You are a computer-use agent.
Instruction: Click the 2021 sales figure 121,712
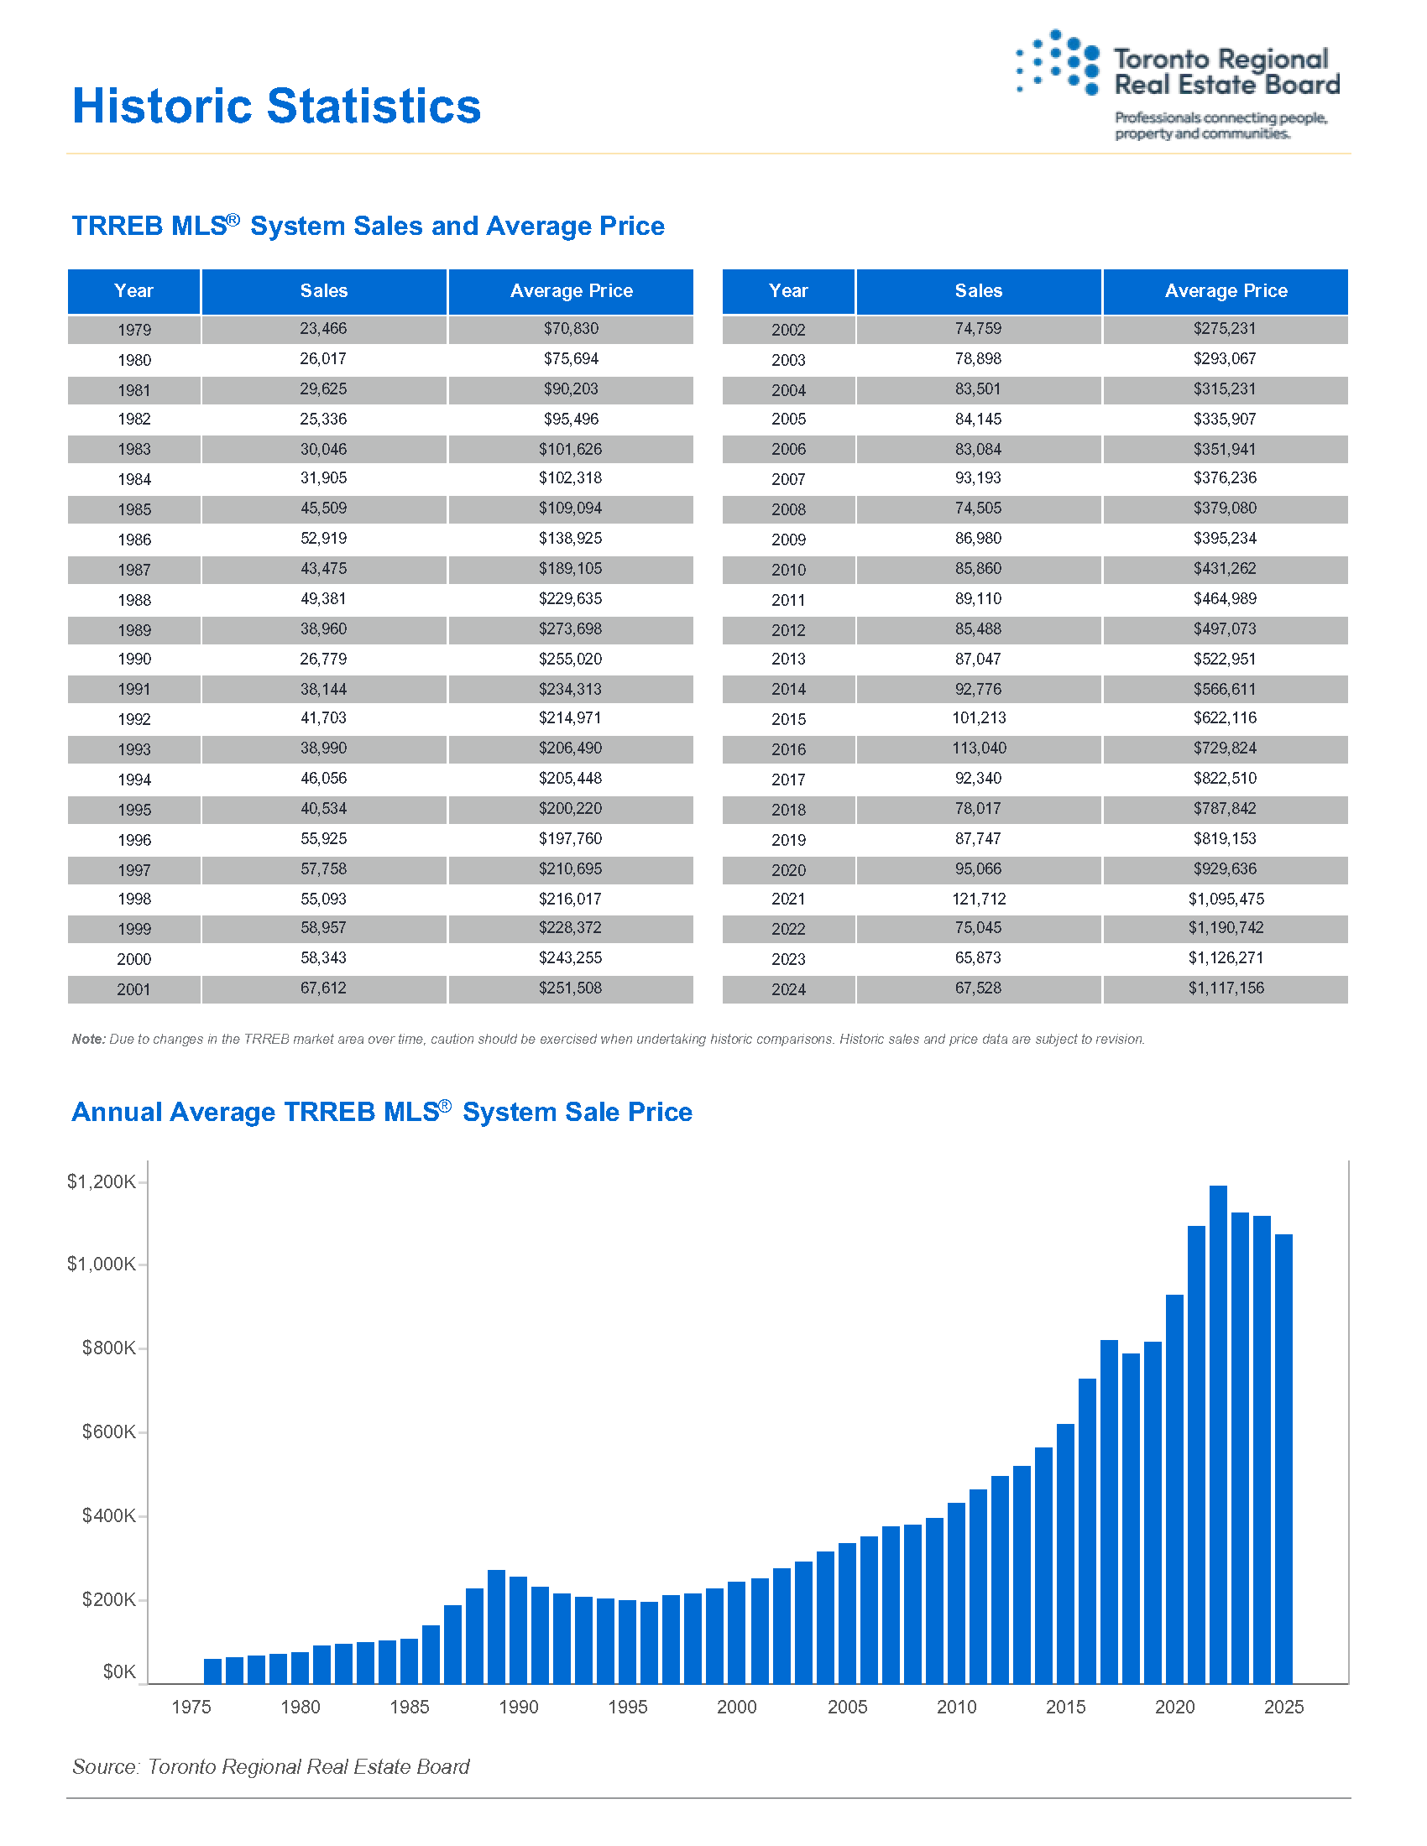coord(978,899)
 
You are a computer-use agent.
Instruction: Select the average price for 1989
coord(571,628)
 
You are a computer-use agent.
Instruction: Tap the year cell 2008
coord(788,508)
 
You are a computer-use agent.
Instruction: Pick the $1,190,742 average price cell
coord(1226,928)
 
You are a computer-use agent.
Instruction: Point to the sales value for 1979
coord(323,329)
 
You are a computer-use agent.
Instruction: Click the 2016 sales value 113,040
coord(979,748)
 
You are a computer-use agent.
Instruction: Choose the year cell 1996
coord(134,840)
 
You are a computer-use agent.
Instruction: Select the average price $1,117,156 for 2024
coord(1226,988)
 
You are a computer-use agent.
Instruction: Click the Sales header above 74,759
coord(978,291)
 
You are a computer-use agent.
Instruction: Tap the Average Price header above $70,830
coord(572,291)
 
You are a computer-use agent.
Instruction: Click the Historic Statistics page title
coord(276,107)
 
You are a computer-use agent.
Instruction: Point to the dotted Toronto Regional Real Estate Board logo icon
coord(1058,63)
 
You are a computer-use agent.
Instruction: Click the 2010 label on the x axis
coord(956,1707)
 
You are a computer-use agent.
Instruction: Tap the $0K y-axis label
coord(119,1671)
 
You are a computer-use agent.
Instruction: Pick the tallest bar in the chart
coord(1218,1434)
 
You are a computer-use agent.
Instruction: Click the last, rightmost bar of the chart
coord(1283,1459)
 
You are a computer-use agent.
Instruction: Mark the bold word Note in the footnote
coord(88,1039)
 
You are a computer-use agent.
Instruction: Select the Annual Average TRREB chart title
coord(382,1112)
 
